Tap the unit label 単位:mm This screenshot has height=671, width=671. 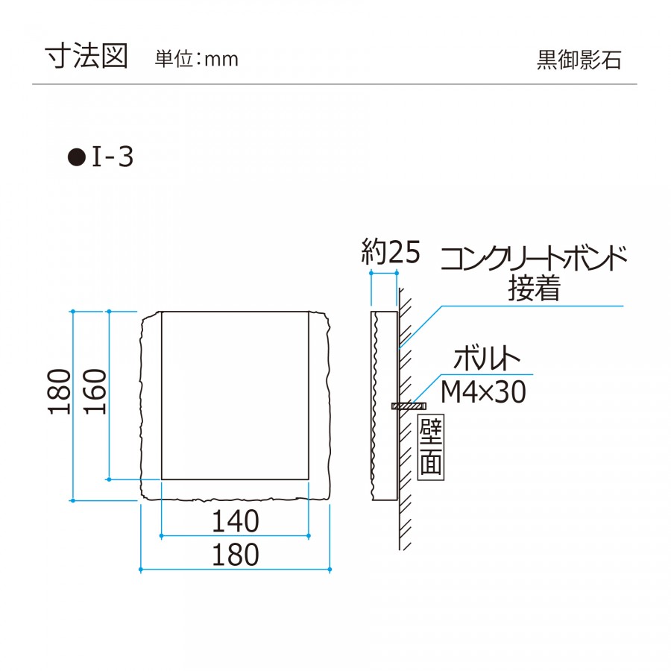pyautogui.click(x=196, y=59)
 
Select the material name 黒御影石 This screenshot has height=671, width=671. pyautogui.click(x=579, y=60)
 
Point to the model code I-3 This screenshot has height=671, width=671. pyautogui.click(x=113, y=157)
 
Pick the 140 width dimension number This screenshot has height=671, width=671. pyautogui.click(x=235, y=521)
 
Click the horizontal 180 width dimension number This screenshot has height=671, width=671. pyautogui.click(x=235, y=555)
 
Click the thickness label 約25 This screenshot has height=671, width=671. pyautogui.click(x=391, y=253)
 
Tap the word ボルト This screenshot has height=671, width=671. pyautogui.click(x=486, y=360)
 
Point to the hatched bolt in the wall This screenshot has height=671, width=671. pyautogui.click(x=408, y=406)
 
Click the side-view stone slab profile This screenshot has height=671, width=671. pyautogui.click(x=384, y=406)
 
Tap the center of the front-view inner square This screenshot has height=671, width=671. pyautogui.click(x=235, y=395)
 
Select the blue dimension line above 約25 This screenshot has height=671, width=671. pyautogui.click(x=383, y=274)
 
